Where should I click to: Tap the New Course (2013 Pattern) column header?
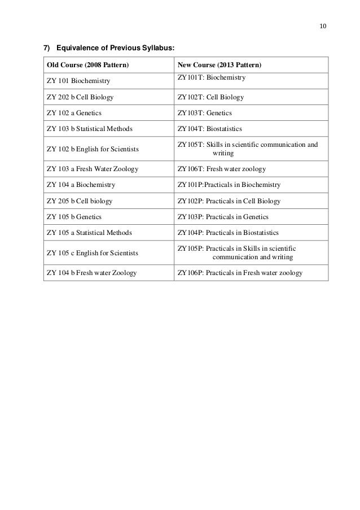[219, 65]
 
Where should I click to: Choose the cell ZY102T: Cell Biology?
[210, 97]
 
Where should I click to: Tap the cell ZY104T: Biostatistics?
[209, 129]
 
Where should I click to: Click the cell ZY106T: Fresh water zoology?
[222, 169]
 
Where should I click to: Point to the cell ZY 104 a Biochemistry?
[81, 185]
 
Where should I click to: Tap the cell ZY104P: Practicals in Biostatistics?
[228, 233]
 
